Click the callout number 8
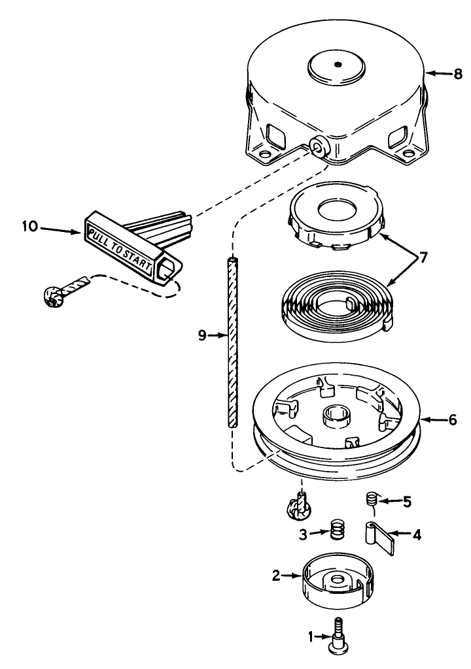tap(458, 74)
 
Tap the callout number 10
tap(30, 227)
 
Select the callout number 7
tap(423, 258)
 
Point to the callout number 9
tap(203, 336)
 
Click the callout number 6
tap(453, 420)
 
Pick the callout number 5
tap(407, 502)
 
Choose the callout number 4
tap(417, 534)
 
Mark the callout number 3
tap(303, 534)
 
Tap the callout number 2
tap(277, 576)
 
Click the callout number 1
tap(311, 637)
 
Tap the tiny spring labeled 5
tap(373, 500)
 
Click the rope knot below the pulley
tap(298, 506)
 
